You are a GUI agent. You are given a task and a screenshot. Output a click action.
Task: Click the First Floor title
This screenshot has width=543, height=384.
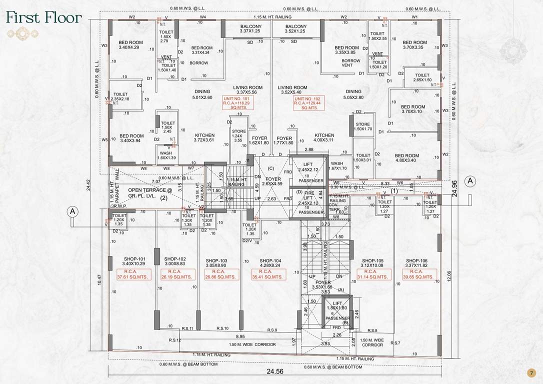click(44, 17)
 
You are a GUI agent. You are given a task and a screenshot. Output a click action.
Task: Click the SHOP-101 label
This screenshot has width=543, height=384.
click(134, 261)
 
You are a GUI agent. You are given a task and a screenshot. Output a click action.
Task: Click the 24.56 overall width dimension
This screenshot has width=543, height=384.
click(274, 371)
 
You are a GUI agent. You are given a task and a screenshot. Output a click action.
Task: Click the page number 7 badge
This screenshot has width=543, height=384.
click(531, 372)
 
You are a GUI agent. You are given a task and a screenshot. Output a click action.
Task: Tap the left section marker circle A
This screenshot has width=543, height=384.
click(73, 211)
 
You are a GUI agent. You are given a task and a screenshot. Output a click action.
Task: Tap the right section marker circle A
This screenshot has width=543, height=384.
click(470, 181)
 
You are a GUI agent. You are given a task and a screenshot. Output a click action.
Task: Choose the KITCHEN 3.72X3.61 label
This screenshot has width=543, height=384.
click(204, 138)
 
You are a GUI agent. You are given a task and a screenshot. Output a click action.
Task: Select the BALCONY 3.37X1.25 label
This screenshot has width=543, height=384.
click(250, 29)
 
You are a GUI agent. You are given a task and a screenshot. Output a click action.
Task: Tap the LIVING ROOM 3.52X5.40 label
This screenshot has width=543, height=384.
click(292, 90)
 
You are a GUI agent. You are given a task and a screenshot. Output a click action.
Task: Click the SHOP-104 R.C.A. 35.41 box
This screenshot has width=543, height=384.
click(269, 274)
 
